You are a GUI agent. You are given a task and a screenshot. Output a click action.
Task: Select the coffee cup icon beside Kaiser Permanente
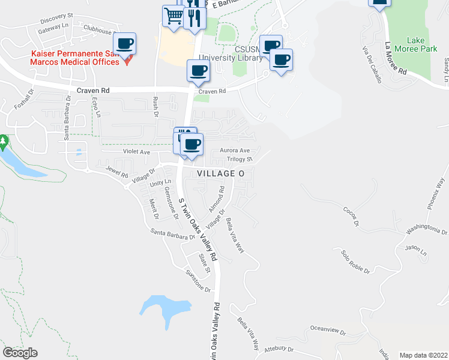[125, 44]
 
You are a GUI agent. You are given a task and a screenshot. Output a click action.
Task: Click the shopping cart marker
[173, 16]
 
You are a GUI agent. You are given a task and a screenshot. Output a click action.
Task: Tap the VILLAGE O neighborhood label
[221, 173]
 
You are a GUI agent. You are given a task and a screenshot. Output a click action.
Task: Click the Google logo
[20, 353]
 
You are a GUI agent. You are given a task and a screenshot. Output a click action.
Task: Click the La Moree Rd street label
[396, 58]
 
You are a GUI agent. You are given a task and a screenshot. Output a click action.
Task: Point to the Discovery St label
[55, 15]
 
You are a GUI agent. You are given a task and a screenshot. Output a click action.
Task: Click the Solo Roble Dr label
[354, 262]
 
